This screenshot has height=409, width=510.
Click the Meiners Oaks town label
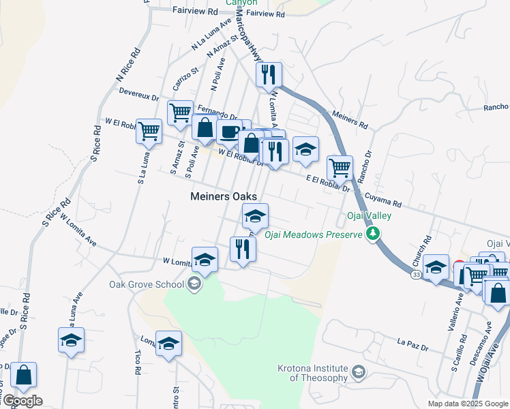pos(223,196)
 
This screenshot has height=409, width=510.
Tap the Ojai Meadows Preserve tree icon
pos(372,234)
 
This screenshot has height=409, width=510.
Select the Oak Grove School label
pos(147,285)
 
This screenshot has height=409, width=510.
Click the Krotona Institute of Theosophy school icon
pos(359,372)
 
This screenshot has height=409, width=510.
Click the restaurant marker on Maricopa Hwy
pos(269,74)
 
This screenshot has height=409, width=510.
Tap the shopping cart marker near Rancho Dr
pos(340,167)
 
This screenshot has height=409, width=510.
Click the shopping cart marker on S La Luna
pos(149,131)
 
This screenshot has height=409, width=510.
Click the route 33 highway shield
pos(415,273)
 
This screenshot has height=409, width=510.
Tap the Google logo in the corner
pos(22,401)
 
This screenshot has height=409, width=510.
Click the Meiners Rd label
pos(350,121)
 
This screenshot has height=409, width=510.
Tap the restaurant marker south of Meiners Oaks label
pos(242,249)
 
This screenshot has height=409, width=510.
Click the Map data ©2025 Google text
pos(467,404)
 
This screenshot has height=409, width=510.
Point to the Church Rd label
pos(427,249)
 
